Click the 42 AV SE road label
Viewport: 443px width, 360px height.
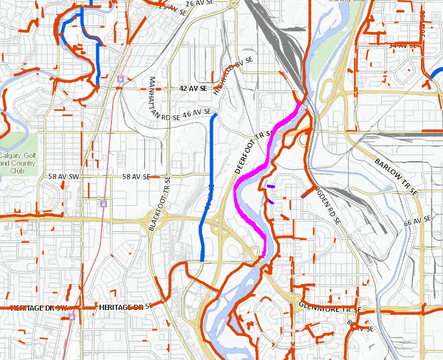tap(193, 87)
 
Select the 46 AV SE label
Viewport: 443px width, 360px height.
tap(195, 113)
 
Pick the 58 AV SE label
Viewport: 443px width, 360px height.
tap(135, 176)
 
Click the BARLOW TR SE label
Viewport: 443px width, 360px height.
tap(396, 176)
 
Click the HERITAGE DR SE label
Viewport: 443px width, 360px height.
tap(125, 305)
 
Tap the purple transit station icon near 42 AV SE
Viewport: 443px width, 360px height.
tap(120, 79)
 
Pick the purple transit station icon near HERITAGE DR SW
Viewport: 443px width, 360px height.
tap(71, 316)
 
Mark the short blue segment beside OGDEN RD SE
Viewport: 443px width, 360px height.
tap(305, 193)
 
